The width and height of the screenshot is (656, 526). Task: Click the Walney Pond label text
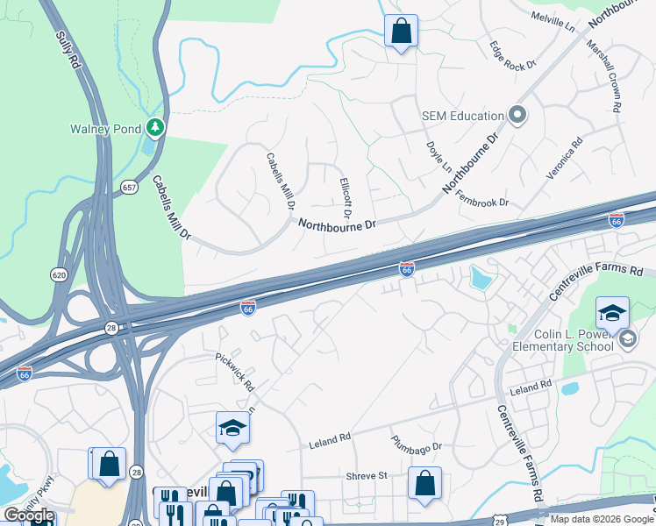pyautogui.click(x=105, y=129)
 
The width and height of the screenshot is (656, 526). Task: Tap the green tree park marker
pyautogui.click(x=156, y=129)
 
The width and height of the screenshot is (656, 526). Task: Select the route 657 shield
pyautogui.click(x=129, y=188)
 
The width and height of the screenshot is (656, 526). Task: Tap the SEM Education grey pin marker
pyautogui.click(x=517, y=115)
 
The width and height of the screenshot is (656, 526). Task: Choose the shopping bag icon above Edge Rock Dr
pyautogui.click(x=401, y=32)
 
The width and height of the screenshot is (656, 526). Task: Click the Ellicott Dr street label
pyautogui.click(x=345, y=197)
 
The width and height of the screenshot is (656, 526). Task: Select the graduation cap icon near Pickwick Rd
pyautogui.click(x=232, y=427)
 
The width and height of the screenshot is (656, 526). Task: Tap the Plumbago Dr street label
pyautogui.click(x=416, y=444)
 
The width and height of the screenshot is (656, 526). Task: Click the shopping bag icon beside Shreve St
pyautogui.click(x=424, y=483)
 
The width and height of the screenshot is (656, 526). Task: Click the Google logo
pyautogui.click(x=29, y=515)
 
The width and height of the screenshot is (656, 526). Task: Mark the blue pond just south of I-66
pyautogui.click(x=481, y=279)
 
